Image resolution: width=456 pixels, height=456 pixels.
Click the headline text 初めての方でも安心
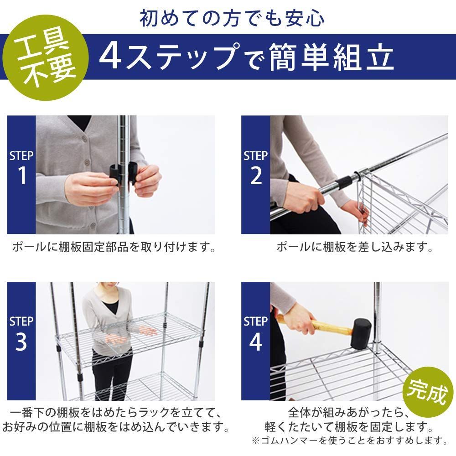[233, 18]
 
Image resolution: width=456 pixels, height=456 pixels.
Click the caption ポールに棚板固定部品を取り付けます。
[114, 248]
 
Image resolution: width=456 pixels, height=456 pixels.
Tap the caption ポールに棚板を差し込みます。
[355, 248]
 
